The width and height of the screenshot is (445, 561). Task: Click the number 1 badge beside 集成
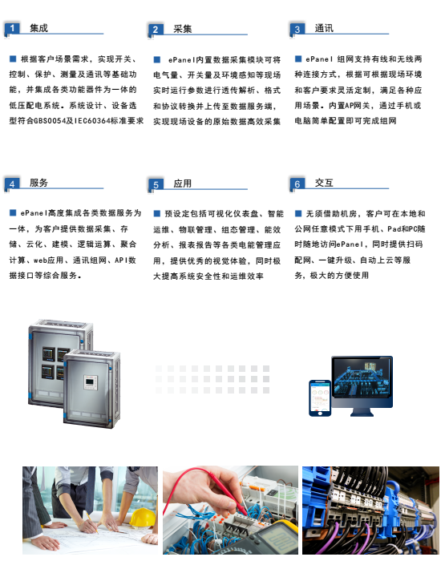click(x=12, y=28)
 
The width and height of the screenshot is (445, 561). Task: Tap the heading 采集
click(x=183, y=29)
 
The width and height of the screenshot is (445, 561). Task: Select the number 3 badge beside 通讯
click(x=297, y=29)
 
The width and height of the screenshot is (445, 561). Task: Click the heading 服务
click(x=38, y=183)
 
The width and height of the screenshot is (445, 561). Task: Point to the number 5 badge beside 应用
click(x=156, y=184)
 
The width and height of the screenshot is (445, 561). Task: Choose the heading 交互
click(x=324, y=183)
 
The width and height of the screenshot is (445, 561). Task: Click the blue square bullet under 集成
click(x=13, y=59)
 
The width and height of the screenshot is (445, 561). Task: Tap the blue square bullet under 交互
click(x=298, y=214)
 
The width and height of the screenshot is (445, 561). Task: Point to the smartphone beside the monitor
click(x=320, y=398)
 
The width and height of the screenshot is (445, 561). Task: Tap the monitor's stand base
click(x=362, y=412)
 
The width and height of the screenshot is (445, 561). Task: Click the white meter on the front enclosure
click(x=91, y=382)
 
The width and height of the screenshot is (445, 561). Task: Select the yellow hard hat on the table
click(x=143, y=518)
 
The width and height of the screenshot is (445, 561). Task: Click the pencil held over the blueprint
click(x=91, y=523)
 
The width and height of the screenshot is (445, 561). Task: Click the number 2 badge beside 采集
click(x=156, y=30)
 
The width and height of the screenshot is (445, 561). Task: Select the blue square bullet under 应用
click(x=157, y=214)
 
